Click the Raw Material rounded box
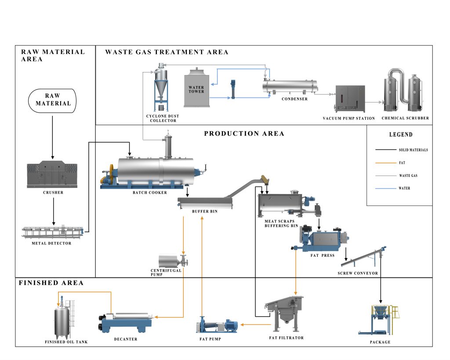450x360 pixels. pos(52,101)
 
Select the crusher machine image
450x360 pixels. pos(52,174)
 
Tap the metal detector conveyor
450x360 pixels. pos(53,232)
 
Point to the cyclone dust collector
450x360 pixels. pos(161,87)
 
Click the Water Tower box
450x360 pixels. pos(196,87)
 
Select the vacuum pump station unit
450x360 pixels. pos(350,99)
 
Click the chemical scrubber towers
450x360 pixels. pos(403,90)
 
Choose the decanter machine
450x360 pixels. pos(125,323)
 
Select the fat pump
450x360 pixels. pos(217,325)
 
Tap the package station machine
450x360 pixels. pos(379,320)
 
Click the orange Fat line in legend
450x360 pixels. pos(385,163)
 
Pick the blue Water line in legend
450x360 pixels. pos(385,188)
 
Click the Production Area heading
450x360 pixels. pos(244,133)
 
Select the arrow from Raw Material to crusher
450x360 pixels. pos(53,137)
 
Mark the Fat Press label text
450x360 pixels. pos(322,256)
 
